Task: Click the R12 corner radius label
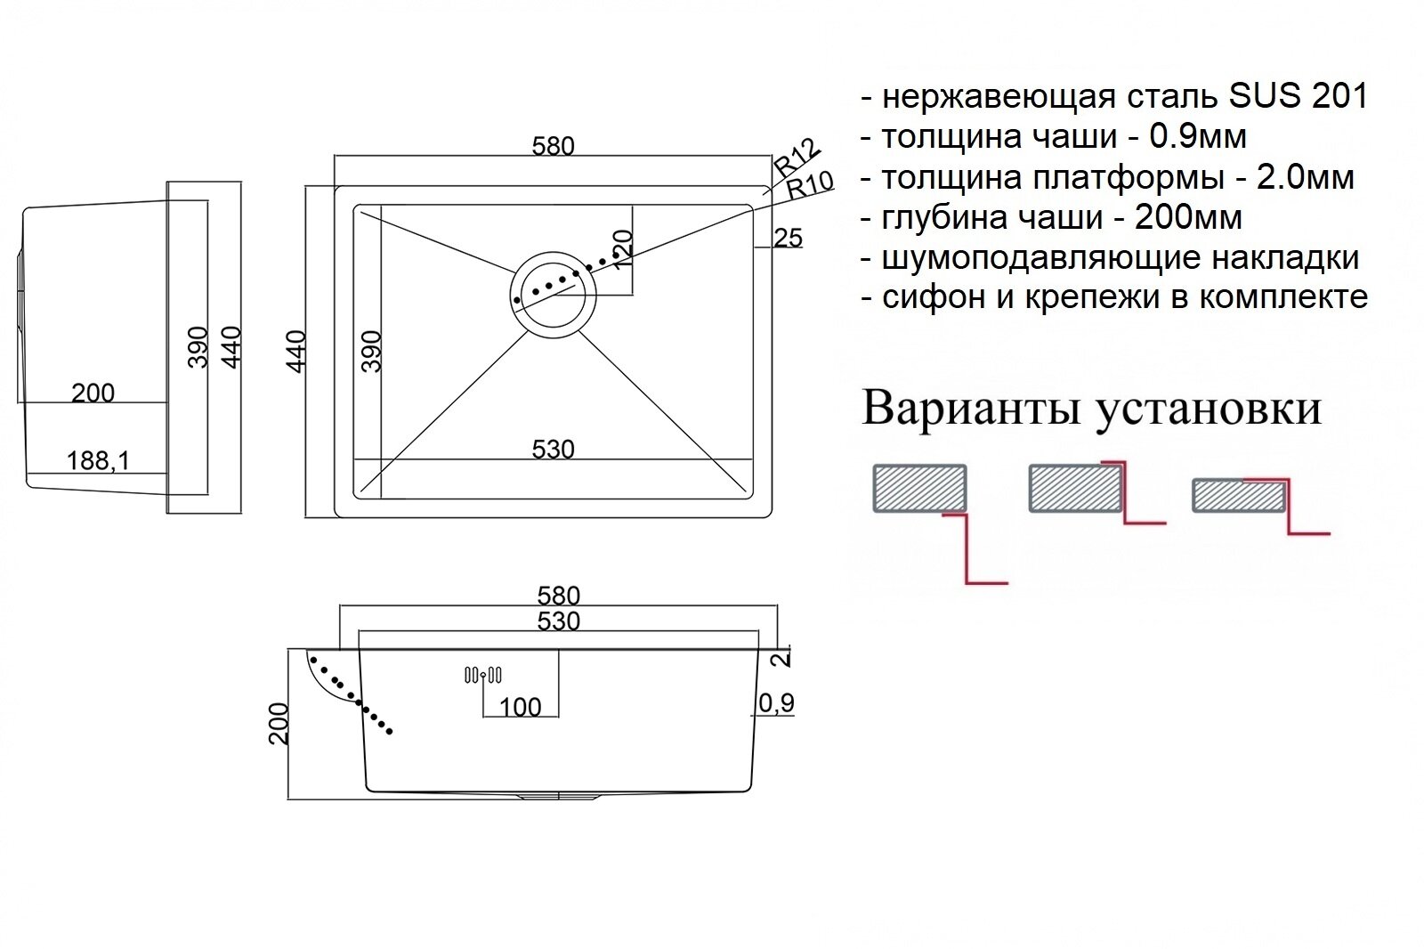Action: click(795, 157)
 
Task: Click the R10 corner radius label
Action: click(810, 184)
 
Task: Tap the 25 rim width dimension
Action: click(788, 238)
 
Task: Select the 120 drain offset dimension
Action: click(622, 250)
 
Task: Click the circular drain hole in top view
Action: click(553, 294)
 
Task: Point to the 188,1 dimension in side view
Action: click(98, 460)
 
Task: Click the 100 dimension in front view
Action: click(521, 707)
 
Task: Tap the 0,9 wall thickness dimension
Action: click(776, 703)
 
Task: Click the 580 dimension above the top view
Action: click(553, 146)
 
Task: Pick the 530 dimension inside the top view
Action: click(553, 450)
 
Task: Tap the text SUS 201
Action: click(1298, 96)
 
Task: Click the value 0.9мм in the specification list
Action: click(1198, 136)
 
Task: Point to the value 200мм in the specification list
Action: click(1188, 217)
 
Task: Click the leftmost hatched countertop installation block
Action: click(919, 488)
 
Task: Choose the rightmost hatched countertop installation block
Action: click(1238, 496)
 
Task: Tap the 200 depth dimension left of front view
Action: click(279, 723)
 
